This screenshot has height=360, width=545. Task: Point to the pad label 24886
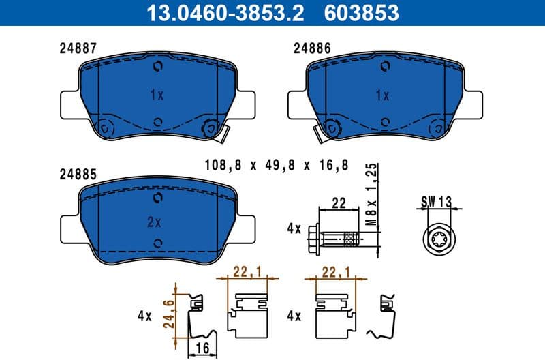pyautogui.click(x=311, y=48)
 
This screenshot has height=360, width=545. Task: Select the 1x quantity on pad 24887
pyautogui.click(x=157, y=95)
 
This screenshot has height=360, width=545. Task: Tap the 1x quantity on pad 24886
pyautogui.click(x=381, y=95)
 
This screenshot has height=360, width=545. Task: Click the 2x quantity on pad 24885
pyautogui.click(x=154, y=222)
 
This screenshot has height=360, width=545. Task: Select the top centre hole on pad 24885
pyautogui.click(x=158, y=198)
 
